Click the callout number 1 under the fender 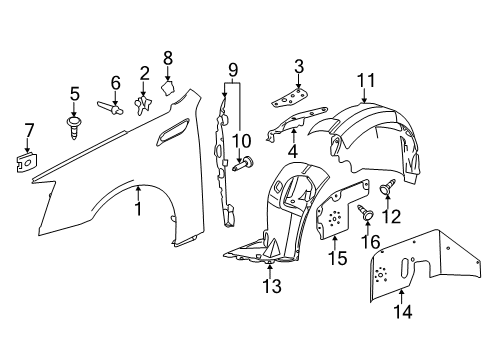(x=139, y=207)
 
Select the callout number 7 (x=28, y=129)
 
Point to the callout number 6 (x=115, y=81)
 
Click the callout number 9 (x=232, y=70)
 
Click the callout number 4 (x=293, y=151)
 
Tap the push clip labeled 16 (x=367, y=211)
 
